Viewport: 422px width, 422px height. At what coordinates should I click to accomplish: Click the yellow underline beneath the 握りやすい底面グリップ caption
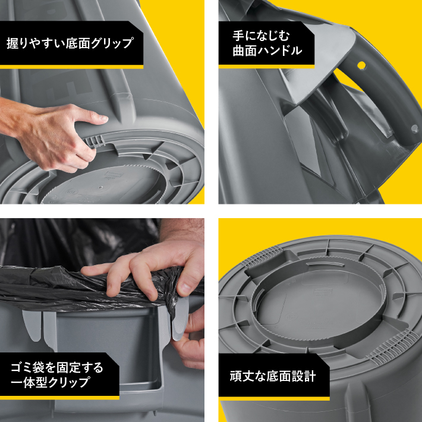[71, 67]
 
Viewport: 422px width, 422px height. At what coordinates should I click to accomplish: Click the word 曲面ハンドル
[267, 51]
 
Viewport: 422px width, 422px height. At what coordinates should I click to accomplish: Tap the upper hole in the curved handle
[361, 63]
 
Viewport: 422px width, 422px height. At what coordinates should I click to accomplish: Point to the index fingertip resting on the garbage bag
[89, 270]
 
